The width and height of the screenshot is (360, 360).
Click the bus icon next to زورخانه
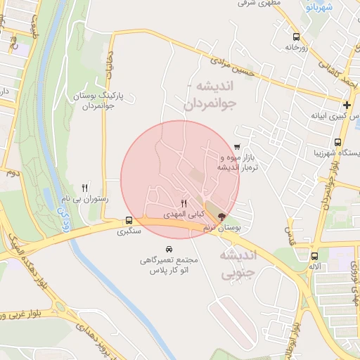[295, 36]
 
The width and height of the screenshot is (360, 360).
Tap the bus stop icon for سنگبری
[128, 219]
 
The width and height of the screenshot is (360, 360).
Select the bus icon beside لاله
[314, 257]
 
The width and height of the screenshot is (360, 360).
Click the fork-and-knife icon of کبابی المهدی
[184, 203]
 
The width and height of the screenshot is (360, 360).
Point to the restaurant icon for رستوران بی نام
[85, 188]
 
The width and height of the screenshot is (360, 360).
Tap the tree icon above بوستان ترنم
[222, 217]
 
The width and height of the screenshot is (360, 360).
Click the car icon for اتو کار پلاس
[169, 250]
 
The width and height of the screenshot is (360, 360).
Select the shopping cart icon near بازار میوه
[237, 148]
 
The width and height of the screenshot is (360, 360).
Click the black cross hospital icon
[347, 105]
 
